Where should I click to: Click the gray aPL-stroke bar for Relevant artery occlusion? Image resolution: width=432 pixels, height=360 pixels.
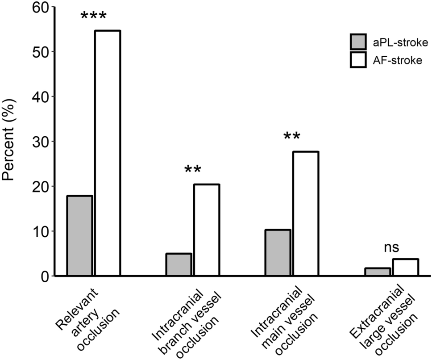click(79, 235)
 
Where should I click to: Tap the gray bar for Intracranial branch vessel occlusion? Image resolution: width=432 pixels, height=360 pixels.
click(179, 264)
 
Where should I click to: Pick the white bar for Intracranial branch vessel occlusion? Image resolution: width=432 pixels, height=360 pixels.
click(206, 230)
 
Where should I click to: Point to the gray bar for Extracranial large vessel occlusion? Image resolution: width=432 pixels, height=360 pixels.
click(377, 272)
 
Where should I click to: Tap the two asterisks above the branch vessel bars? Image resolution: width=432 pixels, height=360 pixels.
click(192, 170)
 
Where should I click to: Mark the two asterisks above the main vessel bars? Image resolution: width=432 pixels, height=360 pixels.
click(292, 137)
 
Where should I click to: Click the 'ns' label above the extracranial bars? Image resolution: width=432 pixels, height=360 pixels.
click(391, 247)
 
